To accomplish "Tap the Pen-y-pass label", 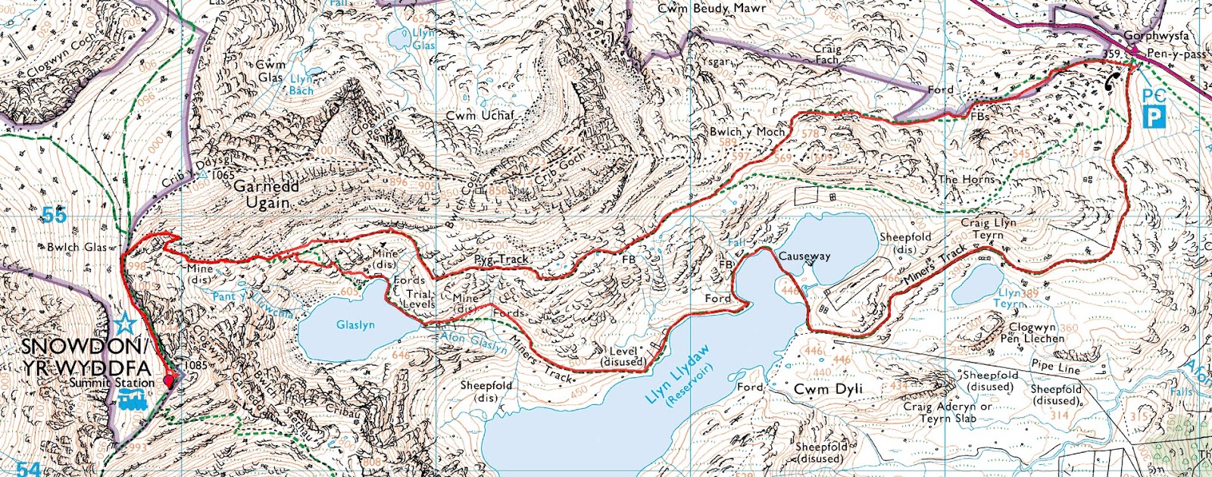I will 1176,54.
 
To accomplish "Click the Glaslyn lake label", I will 355,325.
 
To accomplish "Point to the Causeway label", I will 804,257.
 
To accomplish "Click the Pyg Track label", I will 501,259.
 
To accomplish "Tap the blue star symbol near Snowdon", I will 126,326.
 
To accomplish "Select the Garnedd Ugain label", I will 266,194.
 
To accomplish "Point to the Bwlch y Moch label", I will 747,131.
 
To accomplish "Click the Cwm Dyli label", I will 828,389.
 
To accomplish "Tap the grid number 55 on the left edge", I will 54,215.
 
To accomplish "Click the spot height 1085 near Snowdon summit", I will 195,365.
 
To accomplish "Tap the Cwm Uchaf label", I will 479,115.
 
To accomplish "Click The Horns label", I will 966,179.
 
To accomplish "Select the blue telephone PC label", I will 1153,95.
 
